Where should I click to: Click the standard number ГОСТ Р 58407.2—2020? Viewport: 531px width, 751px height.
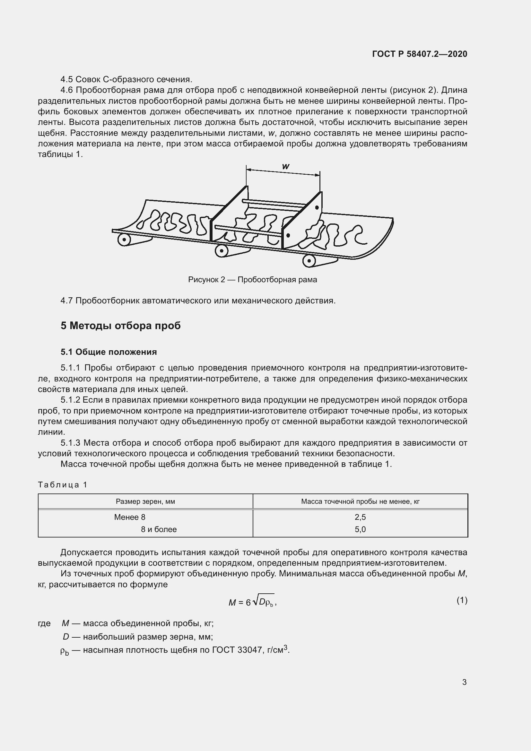[x=420, y=54]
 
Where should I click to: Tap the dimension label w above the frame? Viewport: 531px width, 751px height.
[x=285, y=167]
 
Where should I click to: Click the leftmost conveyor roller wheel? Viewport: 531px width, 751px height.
[x=124, y=240]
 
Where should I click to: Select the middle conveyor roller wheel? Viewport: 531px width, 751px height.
[x=222, y=251]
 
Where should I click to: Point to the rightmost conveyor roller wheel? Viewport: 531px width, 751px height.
[x=309, y=261]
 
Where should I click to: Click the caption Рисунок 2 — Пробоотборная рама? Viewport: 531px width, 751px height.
[x=252, y=280]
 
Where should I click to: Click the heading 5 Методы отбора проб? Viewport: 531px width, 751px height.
[x=120, y=326]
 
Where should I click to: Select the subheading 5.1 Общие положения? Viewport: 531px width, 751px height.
[x=109, y=352]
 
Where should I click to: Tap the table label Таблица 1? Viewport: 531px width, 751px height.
[x=63, y=485]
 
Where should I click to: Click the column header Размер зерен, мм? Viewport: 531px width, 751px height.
[x=145, y=502]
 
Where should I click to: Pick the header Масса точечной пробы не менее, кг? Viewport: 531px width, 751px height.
[x=360, y=502]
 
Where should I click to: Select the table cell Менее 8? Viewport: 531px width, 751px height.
[x=129, y=517]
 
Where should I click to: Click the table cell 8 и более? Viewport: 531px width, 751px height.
[x=159, y=529]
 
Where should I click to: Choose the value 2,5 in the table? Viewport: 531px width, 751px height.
[x=360, y=517]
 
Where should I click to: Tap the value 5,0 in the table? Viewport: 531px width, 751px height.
[x=360, y=529]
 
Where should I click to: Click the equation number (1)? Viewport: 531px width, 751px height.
[x=462, y=600]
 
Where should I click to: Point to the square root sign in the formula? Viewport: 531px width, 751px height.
[x=255, y=600]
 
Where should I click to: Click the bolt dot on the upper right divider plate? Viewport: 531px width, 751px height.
[x=317, y=207]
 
